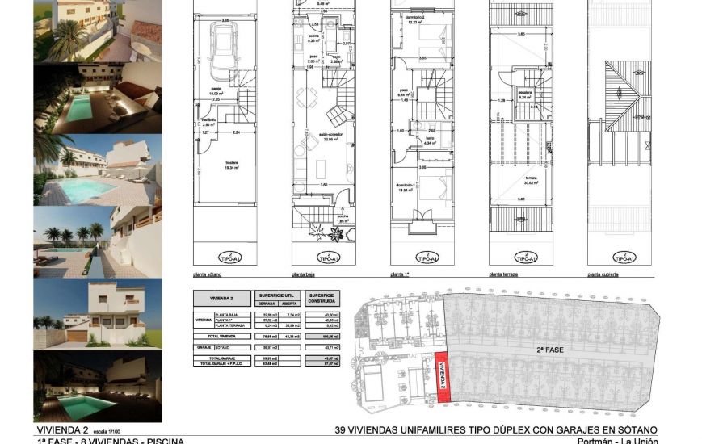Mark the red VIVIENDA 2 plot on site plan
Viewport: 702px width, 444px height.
(x=442, y=375)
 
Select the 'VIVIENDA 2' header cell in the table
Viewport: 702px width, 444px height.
(x=221, y=298)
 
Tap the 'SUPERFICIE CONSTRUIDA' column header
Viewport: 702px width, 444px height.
(x=322, y=298)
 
